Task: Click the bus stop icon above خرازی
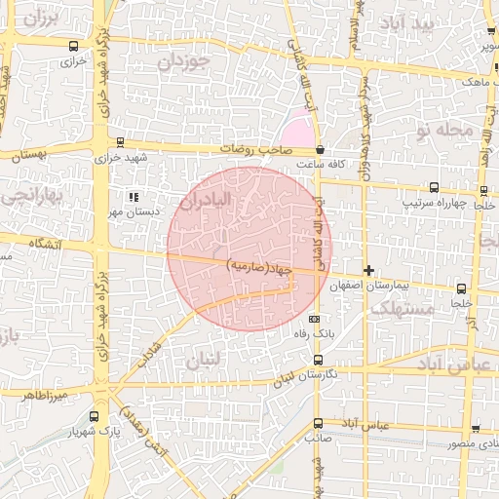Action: [75, 46]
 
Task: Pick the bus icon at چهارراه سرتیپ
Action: [433, 188]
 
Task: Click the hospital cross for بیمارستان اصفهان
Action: [368, 270]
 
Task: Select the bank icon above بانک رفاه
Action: [314, 319]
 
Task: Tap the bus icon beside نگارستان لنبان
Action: [318, 360]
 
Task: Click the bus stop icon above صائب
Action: [318, 423]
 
